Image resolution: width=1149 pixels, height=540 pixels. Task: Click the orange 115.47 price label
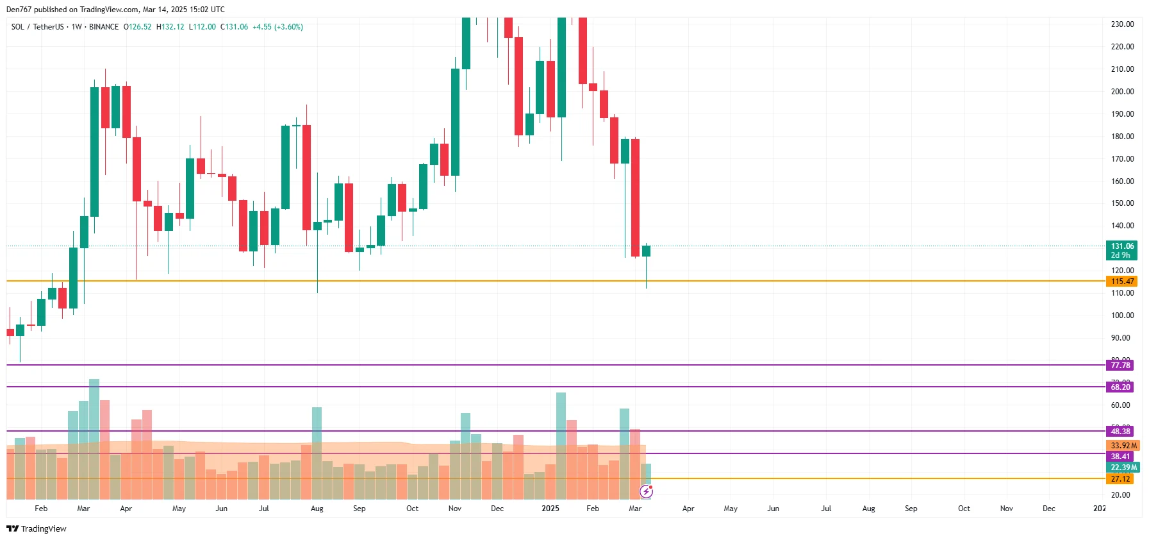(x=1121, y=282)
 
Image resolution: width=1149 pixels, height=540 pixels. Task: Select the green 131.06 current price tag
(x=1121, y=247)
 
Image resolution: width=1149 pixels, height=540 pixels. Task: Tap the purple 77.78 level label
(x=1120, y=366)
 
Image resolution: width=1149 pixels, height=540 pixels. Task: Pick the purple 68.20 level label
(x=1120, y=387)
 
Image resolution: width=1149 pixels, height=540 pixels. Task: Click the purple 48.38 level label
(x=1120, y=432)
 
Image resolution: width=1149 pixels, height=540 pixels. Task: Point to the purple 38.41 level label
(x=1120, y=457)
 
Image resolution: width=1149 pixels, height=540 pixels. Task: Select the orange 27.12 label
(x=1120, y=479)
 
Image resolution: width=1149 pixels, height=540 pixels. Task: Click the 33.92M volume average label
(x=1123, y=446)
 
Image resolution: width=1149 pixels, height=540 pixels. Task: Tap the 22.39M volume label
(x=1123, y=468)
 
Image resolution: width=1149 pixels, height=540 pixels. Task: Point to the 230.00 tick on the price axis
(x=1122, y=24)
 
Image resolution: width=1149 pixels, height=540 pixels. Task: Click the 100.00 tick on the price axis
(x=1122, y=316)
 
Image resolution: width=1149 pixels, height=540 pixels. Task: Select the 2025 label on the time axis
(x=550, y=509)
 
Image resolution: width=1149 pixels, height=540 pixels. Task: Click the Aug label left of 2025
(x=317, y=509)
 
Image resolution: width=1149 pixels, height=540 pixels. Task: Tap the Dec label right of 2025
(x=1048, y=509)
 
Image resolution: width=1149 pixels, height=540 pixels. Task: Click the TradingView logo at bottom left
(x=37, y=529)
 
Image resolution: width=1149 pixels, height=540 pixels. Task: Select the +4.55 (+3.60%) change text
(x=277, y=27)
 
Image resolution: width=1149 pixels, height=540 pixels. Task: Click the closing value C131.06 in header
(x=234, y=27)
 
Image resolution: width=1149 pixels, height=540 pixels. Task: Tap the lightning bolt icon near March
(x=646, y=492)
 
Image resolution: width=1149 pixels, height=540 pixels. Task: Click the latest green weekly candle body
(x=646, y=251)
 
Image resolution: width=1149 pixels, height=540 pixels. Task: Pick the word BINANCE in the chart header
(x=104, y=27)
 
